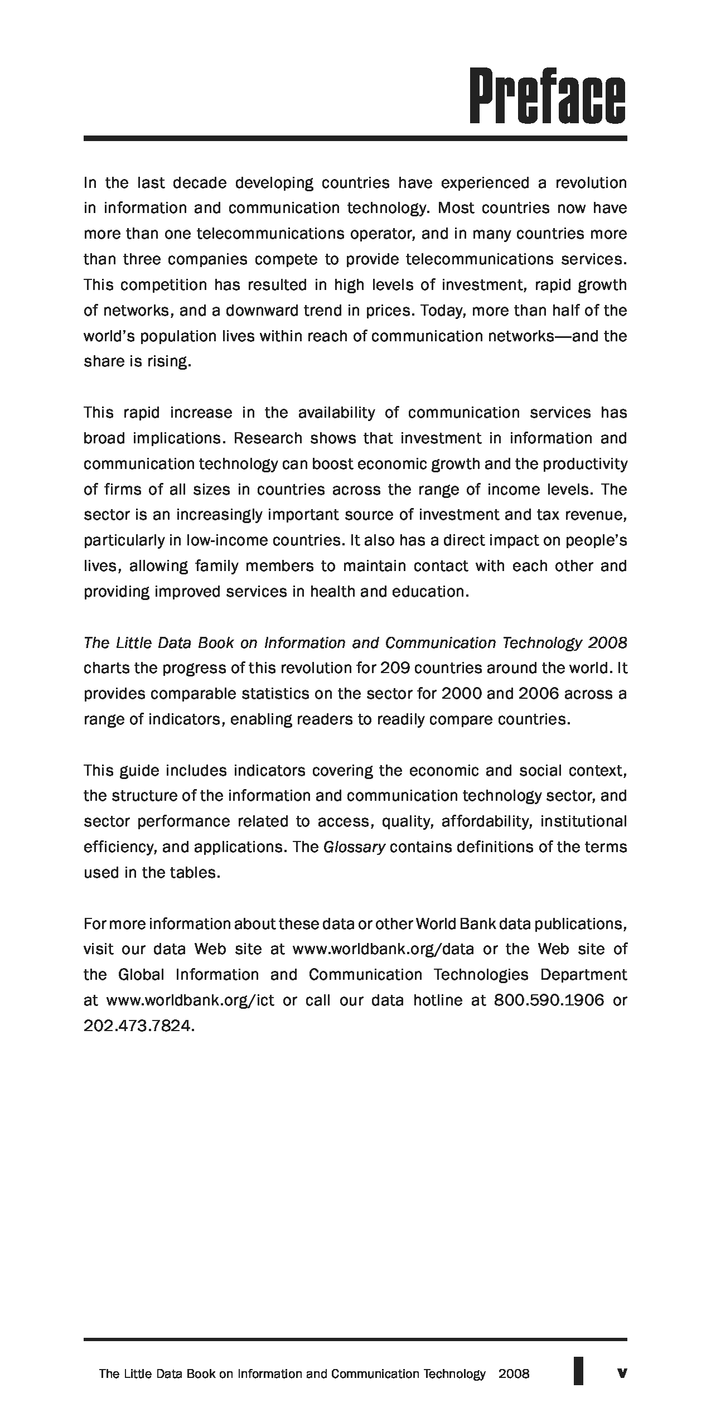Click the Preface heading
coord(547,96)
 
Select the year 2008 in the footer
coord(514,1373)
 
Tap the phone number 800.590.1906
coord(549,1000)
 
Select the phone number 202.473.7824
coord(139,1026)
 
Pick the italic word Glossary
coord(354,847)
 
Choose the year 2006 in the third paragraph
coord(538,693)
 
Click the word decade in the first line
coord(199,182)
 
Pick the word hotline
coord(438,1000)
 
